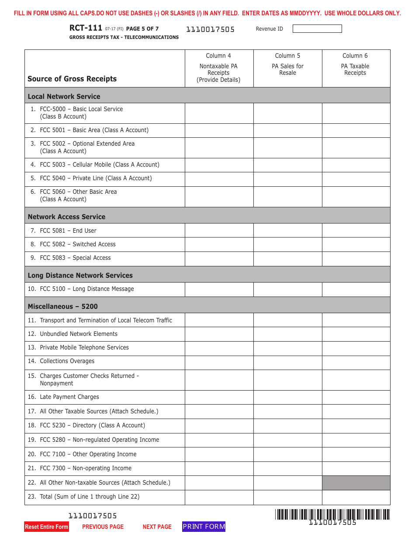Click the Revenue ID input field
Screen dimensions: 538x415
click(x=317, y=29)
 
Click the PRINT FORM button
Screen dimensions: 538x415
click(x=204, y=527)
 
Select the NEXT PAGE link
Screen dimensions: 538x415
click(x=157, y=527)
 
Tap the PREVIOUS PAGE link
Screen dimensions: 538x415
click(x=103, y=527)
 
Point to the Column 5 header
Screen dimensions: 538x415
click(x=287, y=56)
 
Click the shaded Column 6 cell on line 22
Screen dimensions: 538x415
click(x=356, y=483)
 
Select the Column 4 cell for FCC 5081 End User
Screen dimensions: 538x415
click(x=219, y=231)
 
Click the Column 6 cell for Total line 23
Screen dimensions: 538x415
click(x=356, y=497)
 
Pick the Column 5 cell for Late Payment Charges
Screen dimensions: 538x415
click(x=287, y=397)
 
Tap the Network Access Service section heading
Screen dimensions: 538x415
click(x=66, y=217)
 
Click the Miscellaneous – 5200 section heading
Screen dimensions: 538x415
click(x=62, y=307)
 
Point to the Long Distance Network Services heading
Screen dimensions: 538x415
click(x=80, y=276)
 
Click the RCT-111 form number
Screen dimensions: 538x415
click(x=86, y=28)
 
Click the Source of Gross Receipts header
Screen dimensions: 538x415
click(x=72, y=79)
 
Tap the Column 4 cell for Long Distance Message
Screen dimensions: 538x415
click(x=219, y=289)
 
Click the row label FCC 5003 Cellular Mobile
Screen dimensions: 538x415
click(x=99, y=165)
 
